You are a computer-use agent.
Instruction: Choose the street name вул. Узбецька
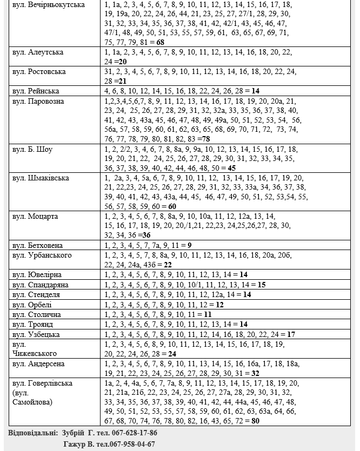click(36, 334)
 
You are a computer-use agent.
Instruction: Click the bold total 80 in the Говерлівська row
click(255, 421)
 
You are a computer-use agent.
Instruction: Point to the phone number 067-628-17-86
click(132, 433)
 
